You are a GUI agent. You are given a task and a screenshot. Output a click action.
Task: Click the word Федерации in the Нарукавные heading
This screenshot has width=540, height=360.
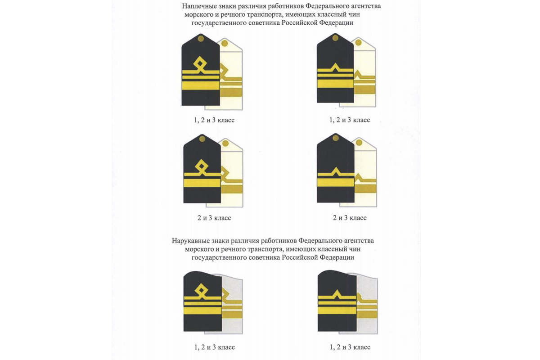[337, 257]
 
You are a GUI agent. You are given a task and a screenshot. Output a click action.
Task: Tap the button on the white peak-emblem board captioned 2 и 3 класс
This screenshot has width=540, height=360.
[359, 143]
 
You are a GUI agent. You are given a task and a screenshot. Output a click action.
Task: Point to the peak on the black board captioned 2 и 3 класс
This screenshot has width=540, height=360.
[335, 171]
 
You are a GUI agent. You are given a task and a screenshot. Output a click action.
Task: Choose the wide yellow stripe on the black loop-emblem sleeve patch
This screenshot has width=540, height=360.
[202, 310]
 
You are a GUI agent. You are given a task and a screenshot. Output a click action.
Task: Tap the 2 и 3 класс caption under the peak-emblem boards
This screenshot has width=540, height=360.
[349, 218]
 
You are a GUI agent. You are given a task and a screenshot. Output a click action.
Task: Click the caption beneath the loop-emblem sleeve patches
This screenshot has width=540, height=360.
[211, 347]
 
